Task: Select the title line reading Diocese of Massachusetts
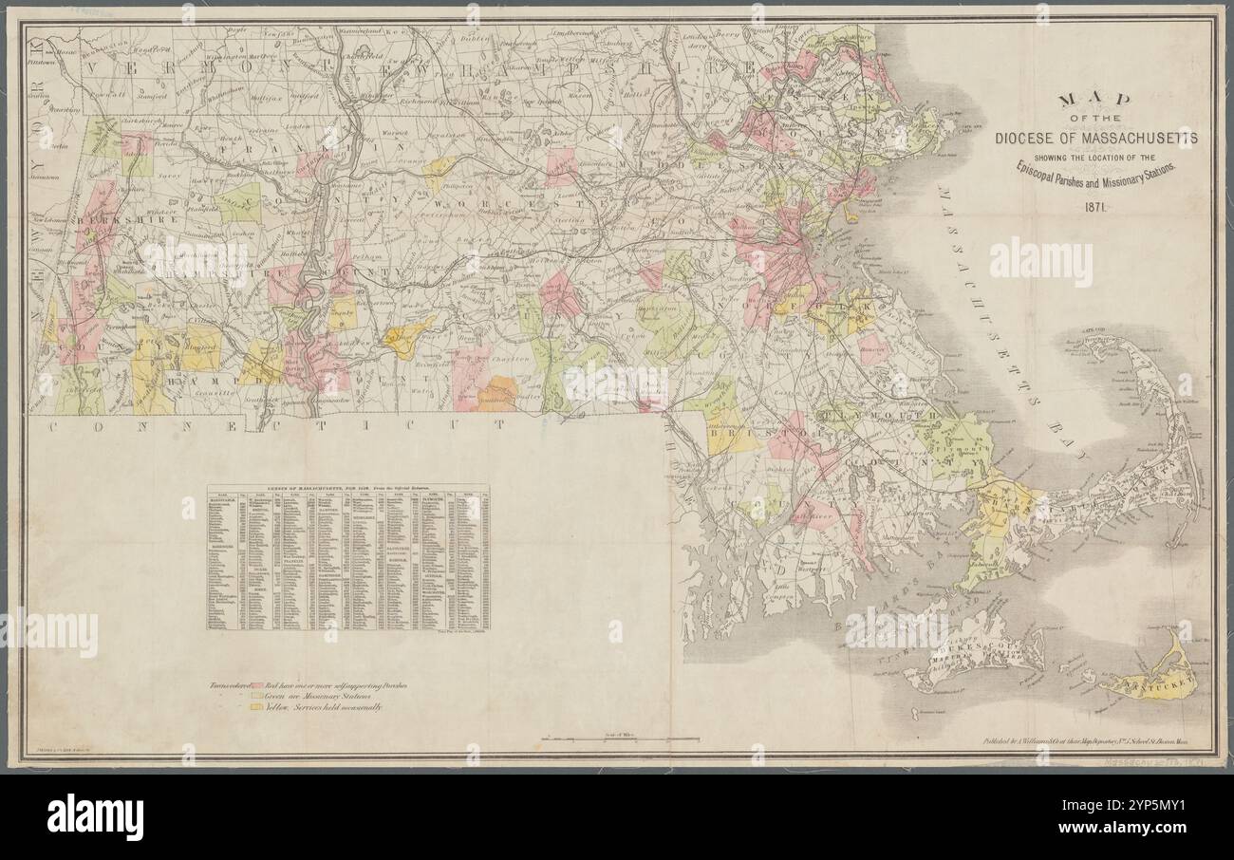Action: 1095,139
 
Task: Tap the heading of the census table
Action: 347,487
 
